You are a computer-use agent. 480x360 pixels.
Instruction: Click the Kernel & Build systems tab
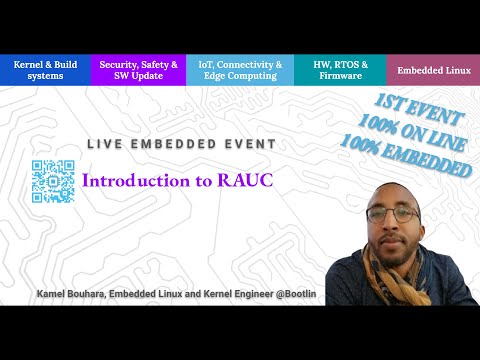pyautogui.click(x=47, y=70)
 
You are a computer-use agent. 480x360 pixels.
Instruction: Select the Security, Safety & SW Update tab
pyautogui.click(x=139, y=70)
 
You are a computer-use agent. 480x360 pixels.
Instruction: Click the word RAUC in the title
pyautogui.click(x=245, y=181)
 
